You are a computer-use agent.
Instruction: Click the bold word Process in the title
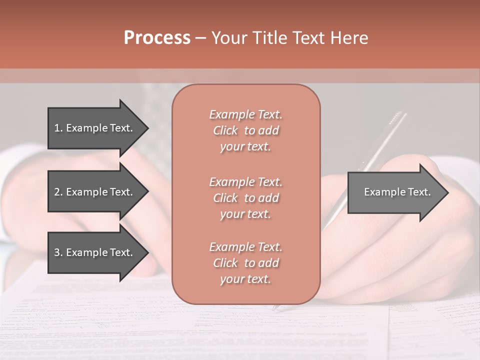pyautogui.click(x=157, y=38)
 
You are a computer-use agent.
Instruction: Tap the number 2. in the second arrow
pyautogui.click(x=58, y=192)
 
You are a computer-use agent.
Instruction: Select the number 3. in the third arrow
pyautogui.click(x=58, y=252)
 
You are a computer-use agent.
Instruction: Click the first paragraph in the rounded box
pyautogui.click(x=245, y=130)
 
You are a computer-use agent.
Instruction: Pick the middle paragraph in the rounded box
pyautogui.click(x=245, y=197)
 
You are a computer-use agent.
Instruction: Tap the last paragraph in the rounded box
pyautogui.click(x=245, y=263)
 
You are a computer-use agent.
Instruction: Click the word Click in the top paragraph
pyautogui.click(x=225, y=130)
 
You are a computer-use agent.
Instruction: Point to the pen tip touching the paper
pyautogui.click(x=275, y=308)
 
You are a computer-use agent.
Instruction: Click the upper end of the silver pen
pyautogui.click(x=398, y=116)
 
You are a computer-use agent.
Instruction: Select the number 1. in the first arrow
pyautogui.click(x=58, y=128)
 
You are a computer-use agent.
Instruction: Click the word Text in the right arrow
pyautogui.click(x=419, y=192)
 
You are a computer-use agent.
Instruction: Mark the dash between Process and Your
pyautogui.click(x=200, y=38)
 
